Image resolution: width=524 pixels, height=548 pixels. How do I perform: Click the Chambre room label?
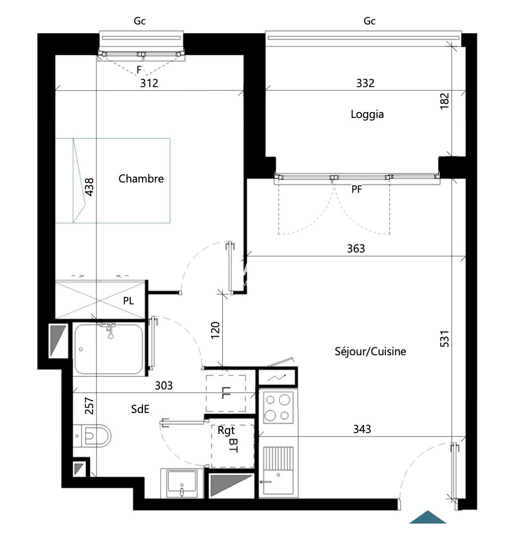click(141, 179)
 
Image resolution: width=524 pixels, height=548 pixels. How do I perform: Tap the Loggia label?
click(367, 114)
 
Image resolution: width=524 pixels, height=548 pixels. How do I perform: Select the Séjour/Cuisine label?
click(370, 351)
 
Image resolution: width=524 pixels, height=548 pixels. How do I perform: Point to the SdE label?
click(140, 409)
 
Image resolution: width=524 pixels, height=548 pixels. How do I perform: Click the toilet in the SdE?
click(92, 436)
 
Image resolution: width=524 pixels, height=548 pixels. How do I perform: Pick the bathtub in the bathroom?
click(109, 349)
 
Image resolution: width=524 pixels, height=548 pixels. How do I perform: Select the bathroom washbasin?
click(182, 483)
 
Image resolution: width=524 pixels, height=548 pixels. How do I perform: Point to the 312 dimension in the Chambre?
click(149, 83)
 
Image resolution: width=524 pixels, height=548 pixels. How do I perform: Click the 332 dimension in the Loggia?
click(365, 83)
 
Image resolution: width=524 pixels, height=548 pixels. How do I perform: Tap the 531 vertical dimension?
click(444, 339)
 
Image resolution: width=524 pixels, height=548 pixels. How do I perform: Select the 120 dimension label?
click(215, 330)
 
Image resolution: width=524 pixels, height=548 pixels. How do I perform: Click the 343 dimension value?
click(362, 429)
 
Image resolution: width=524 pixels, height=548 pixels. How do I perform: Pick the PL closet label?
click(128, 301)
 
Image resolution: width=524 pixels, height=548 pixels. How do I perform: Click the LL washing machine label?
click(225, 393)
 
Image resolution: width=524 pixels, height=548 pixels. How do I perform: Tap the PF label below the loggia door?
click(357, 189)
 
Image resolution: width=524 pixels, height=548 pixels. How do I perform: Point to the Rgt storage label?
click(226, 431)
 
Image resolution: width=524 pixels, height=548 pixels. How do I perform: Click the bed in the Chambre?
click(113, 181)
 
